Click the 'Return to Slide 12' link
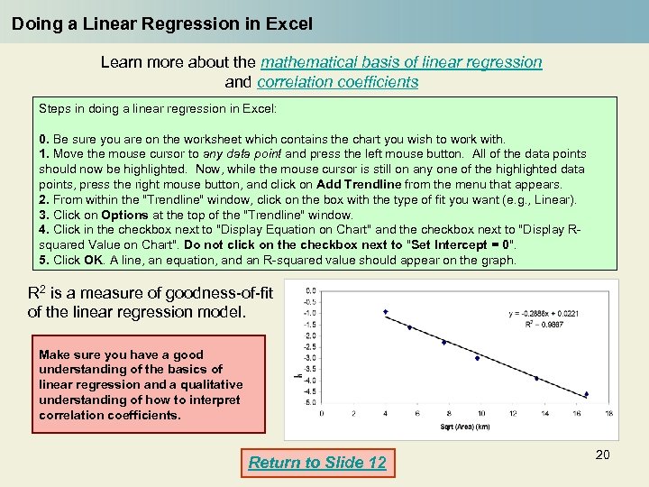(317, 463)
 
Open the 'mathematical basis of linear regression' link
(401, 62)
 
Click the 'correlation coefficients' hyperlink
(337, 82)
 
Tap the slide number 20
(602, 455)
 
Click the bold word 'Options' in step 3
(124, 215)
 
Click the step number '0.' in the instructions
(44, 139)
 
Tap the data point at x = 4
(385, 312)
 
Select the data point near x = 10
(478, 358)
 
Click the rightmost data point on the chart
(586, 394)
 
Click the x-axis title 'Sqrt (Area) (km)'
(465, 425)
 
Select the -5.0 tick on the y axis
(310, 402)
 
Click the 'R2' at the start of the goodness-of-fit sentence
(37, 292)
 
